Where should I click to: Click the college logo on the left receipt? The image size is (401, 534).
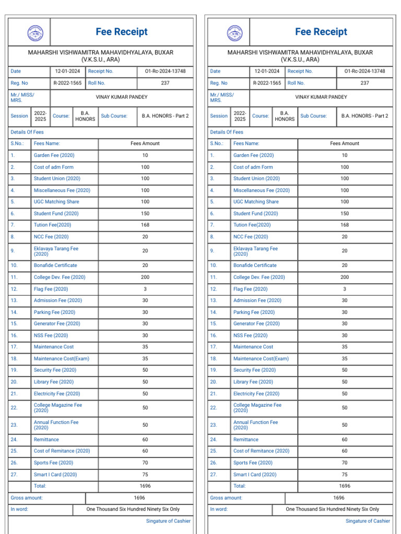[35, 33]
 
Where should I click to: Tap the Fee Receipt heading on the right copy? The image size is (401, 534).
[321, 32]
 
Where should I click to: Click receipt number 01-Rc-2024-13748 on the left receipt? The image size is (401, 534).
[165, 71]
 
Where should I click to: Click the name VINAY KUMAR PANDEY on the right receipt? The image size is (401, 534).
[321, 97]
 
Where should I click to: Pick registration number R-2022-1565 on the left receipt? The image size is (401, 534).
[68, 83]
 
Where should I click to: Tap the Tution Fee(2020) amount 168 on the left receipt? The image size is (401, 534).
[145, 225]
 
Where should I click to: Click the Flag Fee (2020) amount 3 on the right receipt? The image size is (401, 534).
[345, 289]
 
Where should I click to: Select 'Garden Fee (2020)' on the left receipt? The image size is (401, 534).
[54, 155]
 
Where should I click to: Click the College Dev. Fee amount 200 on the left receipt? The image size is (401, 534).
[145, 277]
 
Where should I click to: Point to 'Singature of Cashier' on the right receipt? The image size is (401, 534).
[368, 521]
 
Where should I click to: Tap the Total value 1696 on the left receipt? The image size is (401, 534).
[145, 486]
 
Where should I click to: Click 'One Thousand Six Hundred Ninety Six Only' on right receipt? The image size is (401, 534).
[333, 509]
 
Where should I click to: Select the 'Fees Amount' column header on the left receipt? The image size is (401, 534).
[145, 143]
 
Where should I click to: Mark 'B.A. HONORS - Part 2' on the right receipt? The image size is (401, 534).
[365, 116]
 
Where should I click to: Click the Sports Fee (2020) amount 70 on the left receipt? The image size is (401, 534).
[145, 463]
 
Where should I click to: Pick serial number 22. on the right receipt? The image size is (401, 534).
[213, 408]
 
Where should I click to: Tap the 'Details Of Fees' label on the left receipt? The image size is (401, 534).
[27, 132]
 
